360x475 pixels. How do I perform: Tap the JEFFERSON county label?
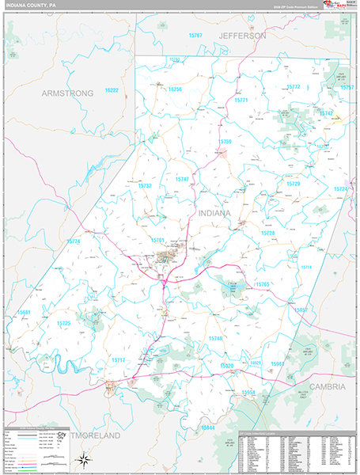tap(244, 36)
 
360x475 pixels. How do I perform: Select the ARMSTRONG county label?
tap(67, 93)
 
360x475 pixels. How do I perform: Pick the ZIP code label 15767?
tap(195, 36)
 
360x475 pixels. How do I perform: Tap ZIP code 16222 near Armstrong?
tap(111, 90)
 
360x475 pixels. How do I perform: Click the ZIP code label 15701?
tap(157, 239)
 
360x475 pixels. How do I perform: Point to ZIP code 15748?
tap(215, 338)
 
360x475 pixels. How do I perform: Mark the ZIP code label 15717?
tap(118, 360)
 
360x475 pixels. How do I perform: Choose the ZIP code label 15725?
tap(63, 323)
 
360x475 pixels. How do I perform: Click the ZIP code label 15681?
tap(25, 312)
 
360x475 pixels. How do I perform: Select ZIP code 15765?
tap(262, 283)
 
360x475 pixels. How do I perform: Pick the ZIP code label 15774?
tap(73, 241)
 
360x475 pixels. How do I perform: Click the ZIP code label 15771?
tap(241, 101)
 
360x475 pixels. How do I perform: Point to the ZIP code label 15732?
tap(145, 185)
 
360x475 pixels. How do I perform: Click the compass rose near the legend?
tap(81, 460)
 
